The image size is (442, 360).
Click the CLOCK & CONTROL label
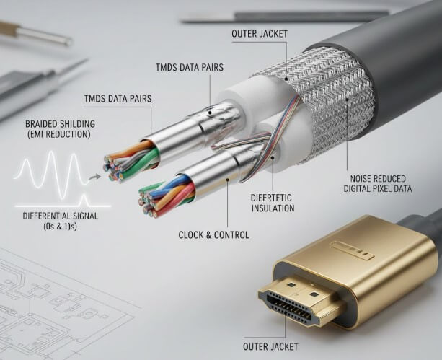pos(213,234)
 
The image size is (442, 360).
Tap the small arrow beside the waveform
pos(94,175)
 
